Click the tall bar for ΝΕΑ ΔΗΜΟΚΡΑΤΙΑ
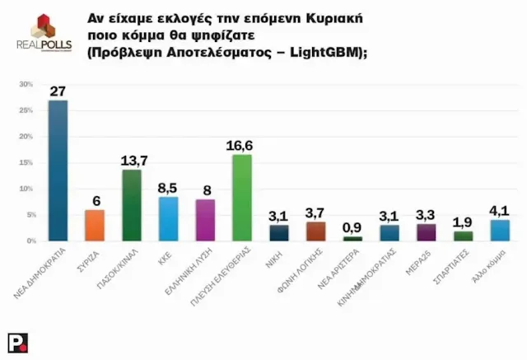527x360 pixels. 58,171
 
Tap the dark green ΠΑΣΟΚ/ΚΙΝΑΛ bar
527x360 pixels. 132,205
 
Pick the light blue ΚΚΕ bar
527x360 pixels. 168,218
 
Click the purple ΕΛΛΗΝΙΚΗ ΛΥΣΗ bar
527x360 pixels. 205,220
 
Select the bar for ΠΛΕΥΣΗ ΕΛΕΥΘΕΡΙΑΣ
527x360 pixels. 242,198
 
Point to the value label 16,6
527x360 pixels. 241,145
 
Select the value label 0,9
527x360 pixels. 352,227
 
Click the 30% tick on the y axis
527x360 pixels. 26,84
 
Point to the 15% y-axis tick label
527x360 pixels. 26,162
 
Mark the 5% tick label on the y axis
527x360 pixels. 28,215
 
